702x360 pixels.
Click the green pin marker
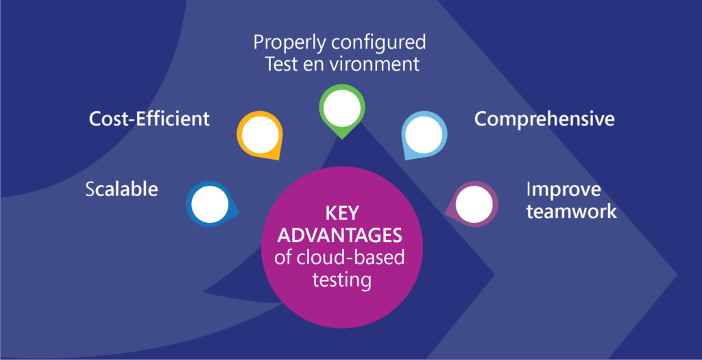click(341, 110)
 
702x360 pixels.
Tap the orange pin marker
click(259, 134)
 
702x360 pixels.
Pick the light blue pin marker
click(424, 133)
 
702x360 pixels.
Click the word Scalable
click(121, 189)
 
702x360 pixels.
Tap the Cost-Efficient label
click(149, 119)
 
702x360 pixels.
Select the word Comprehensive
click(544, 119)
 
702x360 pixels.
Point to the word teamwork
click(571, 211)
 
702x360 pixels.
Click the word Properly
click(289, 43)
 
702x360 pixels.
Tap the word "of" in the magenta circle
click(282, 258)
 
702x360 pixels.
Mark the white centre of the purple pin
click(474, 204)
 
